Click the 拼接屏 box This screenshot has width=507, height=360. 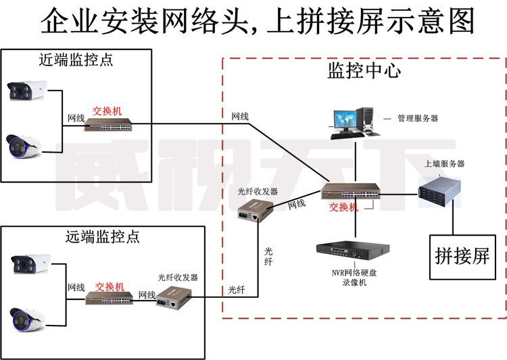[462, 257]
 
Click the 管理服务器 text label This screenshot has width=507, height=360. [417, 118]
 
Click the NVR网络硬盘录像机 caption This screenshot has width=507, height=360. [353, 277]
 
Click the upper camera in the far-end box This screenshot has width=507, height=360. [30, 263]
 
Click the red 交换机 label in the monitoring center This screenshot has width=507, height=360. [343, 207]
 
